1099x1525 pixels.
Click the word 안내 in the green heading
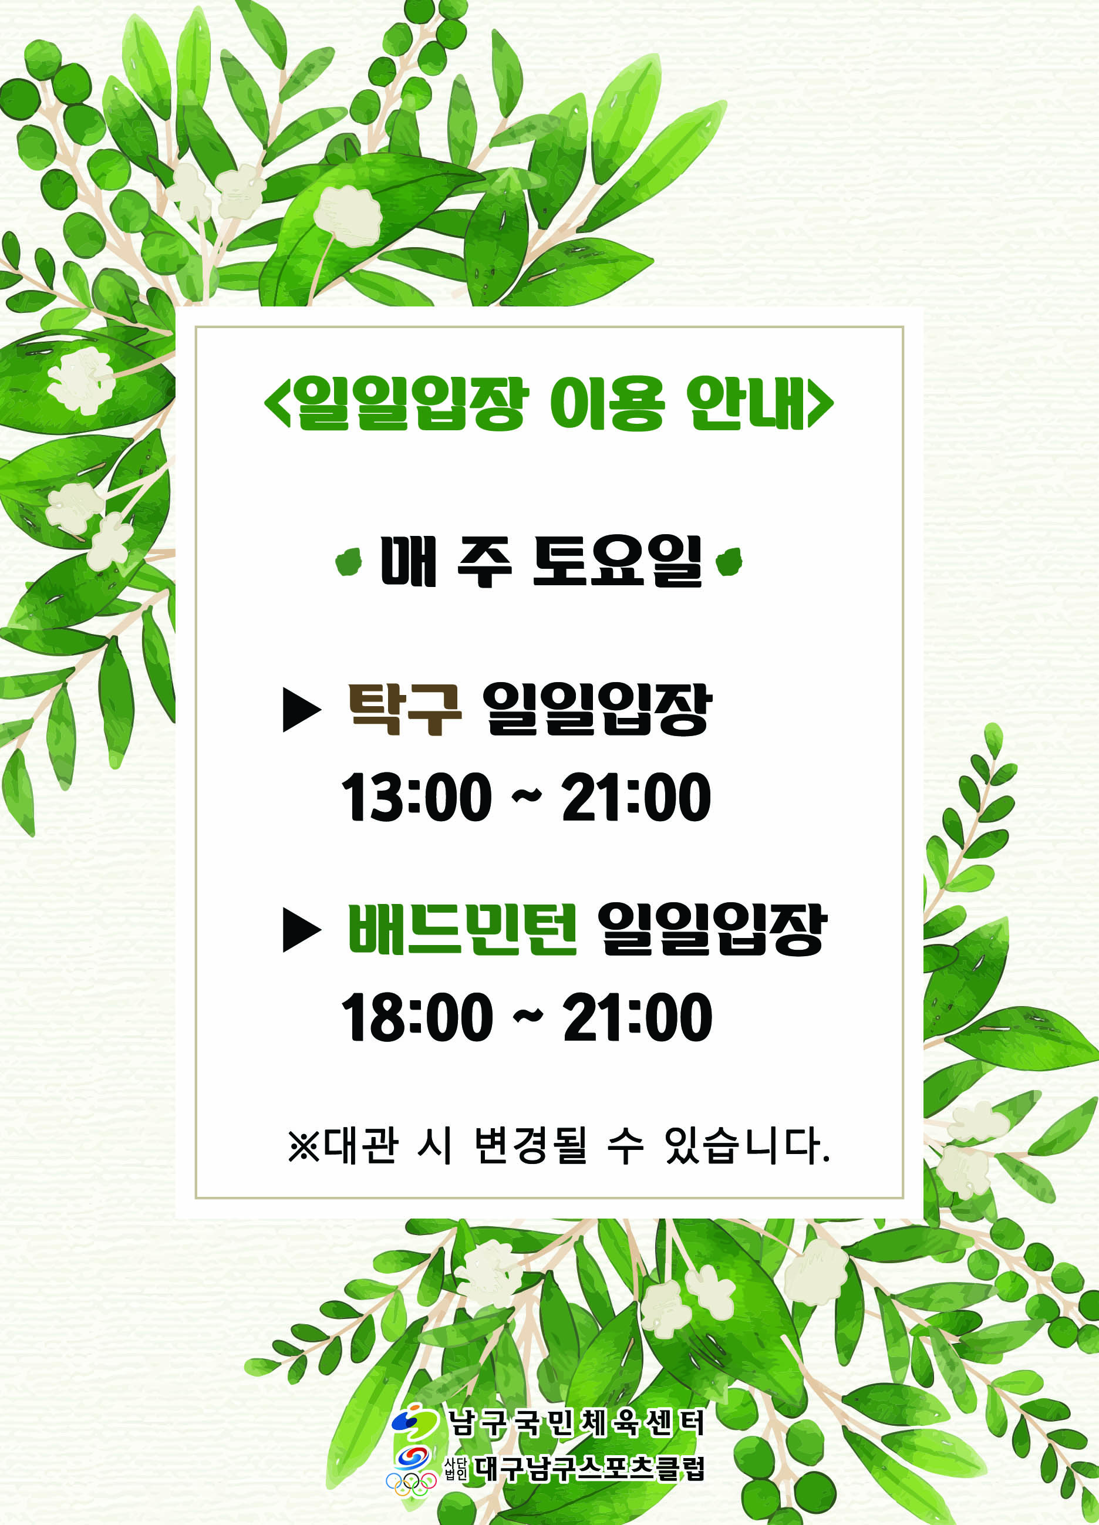[x=745, y=403]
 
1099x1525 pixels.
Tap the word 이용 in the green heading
[x=606, y=403]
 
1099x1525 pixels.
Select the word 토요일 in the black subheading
[x=617, y=561]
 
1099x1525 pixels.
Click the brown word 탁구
[x=404, y=710]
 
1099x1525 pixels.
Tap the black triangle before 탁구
[x=302, y=710]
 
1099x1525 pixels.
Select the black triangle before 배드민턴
[x=302, y=930]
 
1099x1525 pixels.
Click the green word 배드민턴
[x=462, y=929]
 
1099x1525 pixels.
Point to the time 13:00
[x=416, y=797]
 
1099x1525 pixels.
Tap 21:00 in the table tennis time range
[x=636, y=797]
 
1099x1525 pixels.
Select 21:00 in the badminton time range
[x=638, y=1017]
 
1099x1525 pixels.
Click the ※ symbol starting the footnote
[x=304, y=1146]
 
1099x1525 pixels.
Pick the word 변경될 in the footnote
[x=531, y=1145]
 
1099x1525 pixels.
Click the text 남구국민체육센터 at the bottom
[x=577, y=1423]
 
